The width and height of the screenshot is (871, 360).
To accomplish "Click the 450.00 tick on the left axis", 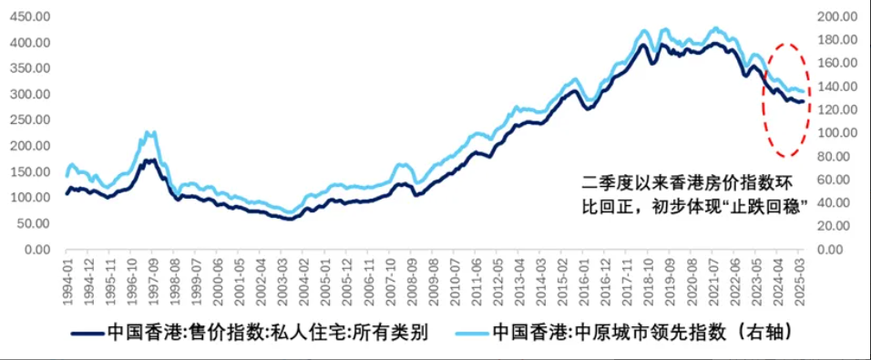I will click(x=30, y=16).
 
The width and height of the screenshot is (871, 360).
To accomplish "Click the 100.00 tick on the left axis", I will click(x=30, y=198).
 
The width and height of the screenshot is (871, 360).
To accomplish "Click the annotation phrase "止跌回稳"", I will click(x=770, y=207).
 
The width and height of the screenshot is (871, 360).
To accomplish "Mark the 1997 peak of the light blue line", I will click(x=150, y=133).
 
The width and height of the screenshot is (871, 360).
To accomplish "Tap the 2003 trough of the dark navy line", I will click(x=290, y=219).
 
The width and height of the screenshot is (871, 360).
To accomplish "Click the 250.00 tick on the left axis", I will click(x=30, y=120).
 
